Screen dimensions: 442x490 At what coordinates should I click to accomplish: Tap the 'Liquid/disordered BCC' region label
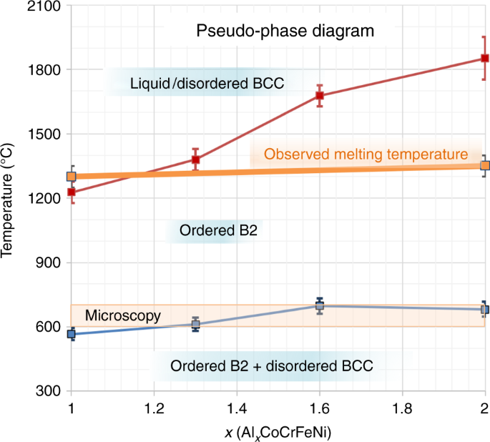(207, 84)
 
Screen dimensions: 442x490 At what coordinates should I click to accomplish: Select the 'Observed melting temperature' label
(366, 154)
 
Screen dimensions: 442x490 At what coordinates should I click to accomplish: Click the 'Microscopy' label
(122, 315)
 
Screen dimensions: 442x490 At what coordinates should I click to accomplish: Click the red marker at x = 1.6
(320, 96)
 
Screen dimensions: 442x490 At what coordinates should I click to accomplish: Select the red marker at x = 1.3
(196, 159)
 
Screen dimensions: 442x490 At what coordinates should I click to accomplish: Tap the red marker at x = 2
(484, 59)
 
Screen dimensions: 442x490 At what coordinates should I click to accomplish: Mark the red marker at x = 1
(72, 192)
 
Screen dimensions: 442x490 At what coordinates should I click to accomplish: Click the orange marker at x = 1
(72, 177)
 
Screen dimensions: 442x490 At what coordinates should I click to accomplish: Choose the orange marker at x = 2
(484, 166)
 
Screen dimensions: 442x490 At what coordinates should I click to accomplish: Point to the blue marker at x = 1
(72, 334)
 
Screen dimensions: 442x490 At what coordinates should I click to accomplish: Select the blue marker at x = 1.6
(320, 306)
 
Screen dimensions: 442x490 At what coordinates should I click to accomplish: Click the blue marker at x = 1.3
(196, 325)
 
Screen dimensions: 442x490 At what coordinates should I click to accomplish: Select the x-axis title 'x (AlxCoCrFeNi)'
(278, 431)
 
